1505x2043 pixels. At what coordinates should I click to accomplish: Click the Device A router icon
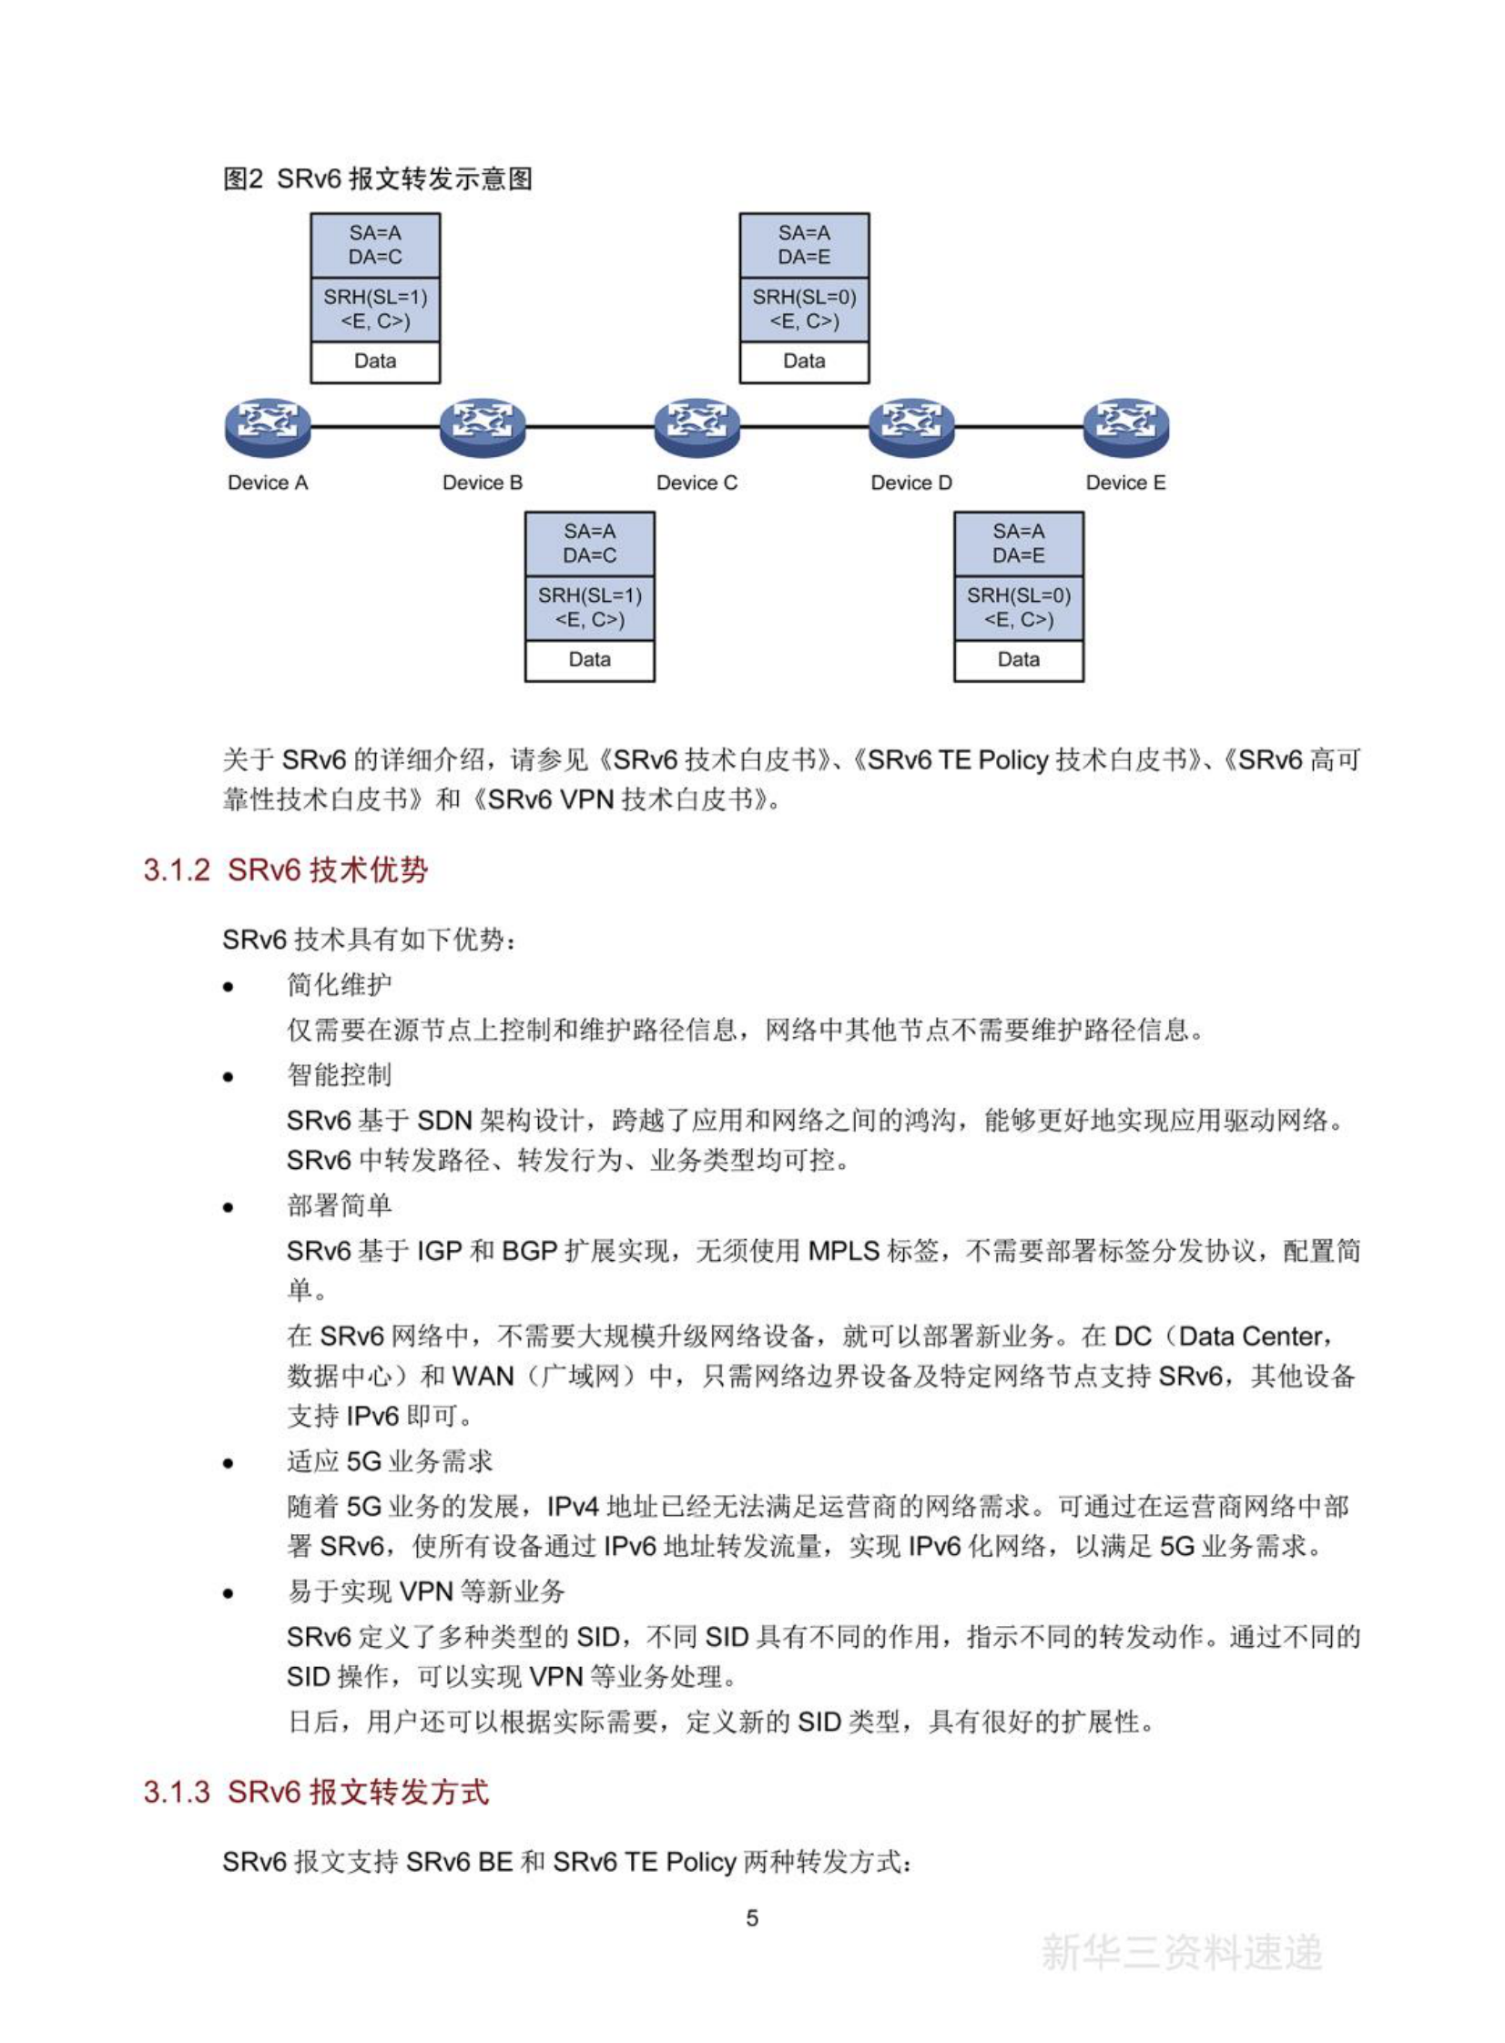coord(268,427)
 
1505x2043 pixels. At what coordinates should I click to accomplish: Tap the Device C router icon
coord(697,427)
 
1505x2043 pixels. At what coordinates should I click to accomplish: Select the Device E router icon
coord(1126,427)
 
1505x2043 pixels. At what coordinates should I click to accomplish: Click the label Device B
coord(482,483)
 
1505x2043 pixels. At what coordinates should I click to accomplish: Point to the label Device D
coord(911,483)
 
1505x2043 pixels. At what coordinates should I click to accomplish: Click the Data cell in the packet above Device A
coord(375,361)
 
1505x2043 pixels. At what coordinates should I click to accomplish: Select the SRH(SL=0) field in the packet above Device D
coord(805,309)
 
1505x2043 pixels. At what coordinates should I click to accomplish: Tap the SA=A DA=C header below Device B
coord(589,543)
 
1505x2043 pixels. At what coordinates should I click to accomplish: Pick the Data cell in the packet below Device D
coord(1019,659)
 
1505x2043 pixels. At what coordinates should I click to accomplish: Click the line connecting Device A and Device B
coord(375,426)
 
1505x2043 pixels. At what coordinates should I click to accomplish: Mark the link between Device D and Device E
coord(1019,426)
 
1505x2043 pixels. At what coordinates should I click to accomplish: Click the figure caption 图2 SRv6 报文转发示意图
coord(377,178)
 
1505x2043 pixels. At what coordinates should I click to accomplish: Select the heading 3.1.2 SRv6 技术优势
coord(285,869)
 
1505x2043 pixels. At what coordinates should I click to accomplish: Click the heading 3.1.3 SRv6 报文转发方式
coord(316,1792)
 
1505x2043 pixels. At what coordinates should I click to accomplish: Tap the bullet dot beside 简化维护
coord(229,987)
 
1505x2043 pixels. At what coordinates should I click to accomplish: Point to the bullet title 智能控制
coord(339,1075)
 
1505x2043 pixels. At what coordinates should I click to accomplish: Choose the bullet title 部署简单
coord(339,1206)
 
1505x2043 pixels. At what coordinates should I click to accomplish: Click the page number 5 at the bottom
coord(751,1918)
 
